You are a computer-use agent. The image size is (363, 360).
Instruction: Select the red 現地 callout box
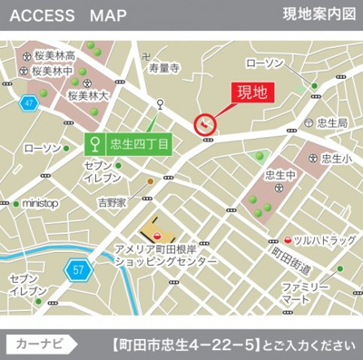point(252,92)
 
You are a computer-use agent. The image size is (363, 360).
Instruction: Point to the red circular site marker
point(206,124)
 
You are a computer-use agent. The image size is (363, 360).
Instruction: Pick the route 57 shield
point(77,269)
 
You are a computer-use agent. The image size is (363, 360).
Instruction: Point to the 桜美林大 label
point(88,94)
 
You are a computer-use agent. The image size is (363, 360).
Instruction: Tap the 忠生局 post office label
point(333,122)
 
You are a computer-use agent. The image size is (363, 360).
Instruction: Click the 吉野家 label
point(114,203)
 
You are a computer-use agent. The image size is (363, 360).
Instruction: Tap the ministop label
point(39,203)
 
